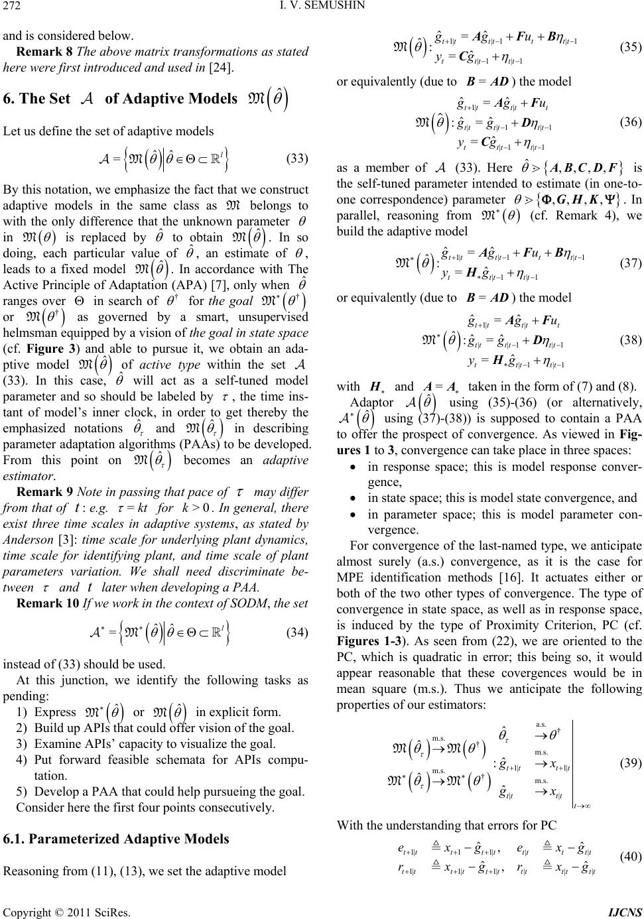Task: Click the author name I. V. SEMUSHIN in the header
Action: pyautogui.click(x=322, y=9)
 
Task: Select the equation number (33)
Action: pyautogui.click(x=296, y=159)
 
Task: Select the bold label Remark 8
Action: pyautogui.click(x=42, y=51)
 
